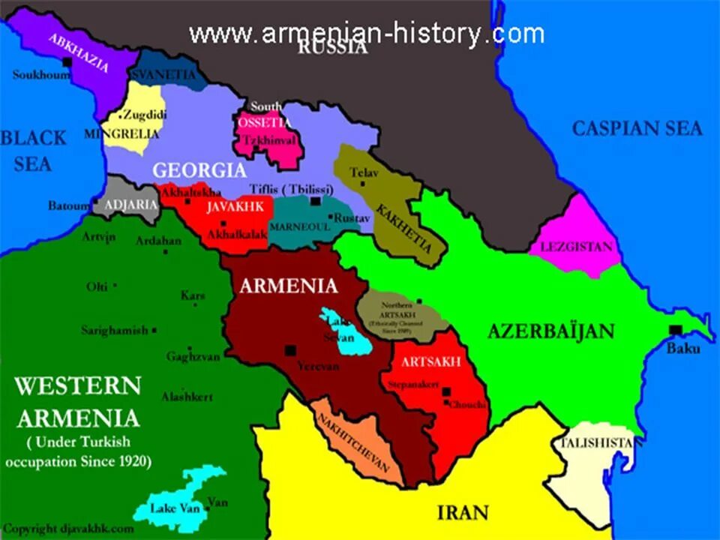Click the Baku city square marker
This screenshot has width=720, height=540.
click(676, 330)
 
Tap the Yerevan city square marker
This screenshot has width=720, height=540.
click(290, 350)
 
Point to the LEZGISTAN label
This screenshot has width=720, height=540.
click(576, 247)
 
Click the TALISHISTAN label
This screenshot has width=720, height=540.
click(599, 443)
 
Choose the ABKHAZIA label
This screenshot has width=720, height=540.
click(79, 54)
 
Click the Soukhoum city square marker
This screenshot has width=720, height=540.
click(67, 62)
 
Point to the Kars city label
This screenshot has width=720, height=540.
click(193, 295)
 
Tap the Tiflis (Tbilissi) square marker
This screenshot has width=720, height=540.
click(316, 201)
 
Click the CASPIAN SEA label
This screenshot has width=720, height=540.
click(637, 128)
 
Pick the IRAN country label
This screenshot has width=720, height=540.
click(463, 513)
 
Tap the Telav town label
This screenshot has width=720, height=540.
click(365, 173)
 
